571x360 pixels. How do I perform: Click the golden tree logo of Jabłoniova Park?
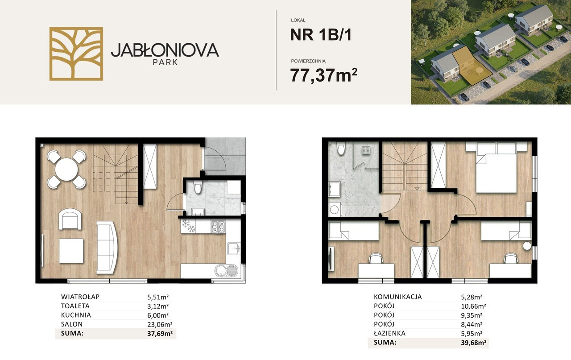click(76, 54)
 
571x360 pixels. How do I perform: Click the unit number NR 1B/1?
click(321, 35)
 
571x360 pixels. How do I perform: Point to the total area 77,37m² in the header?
click(324, 75)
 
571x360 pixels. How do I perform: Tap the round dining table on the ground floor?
click(66, 169)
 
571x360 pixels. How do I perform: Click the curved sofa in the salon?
click(107, 247)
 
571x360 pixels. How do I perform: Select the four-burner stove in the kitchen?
click(219, 227)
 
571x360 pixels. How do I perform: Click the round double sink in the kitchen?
click(226, 271)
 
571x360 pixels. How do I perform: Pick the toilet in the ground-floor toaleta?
click(197, 187)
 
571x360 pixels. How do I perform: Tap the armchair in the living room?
click(70, 219)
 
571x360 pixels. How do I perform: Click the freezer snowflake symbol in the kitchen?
click(188, 226)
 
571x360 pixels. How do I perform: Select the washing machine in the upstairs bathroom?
click(335, 210)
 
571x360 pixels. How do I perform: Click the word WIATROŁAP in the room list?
click(80, 297)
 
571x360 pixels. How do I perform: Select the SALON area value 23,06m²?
click(160, 324)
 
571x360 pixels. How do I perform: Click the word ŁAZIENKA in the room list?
click(390, 333)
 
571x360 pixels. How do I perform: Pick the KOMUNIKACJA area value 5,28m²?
click(472, 297)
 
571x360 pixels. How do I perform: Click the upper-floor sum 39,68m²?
click(473, 343)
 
